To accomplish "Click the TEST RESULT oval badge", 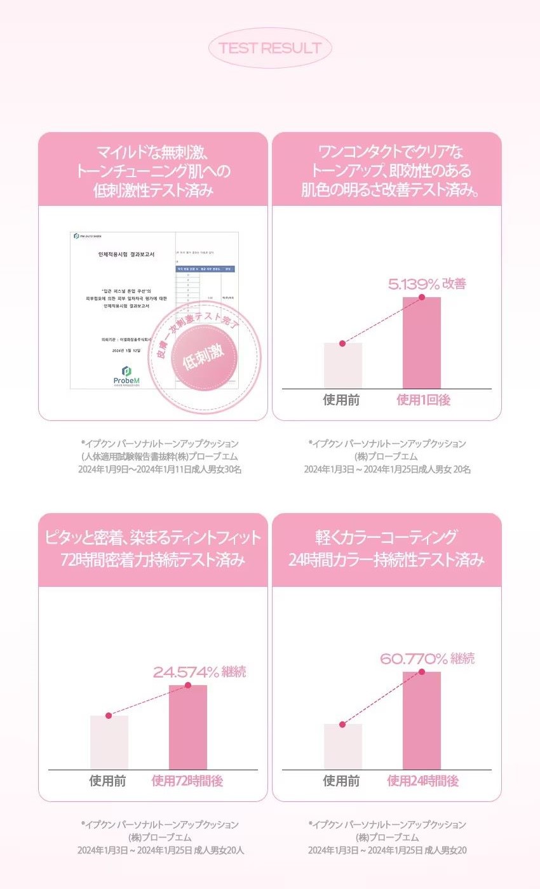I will tap(270, 48).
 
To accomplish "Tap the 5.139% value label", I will tap(413, 284).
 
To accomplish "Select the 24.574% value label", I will tap(186, 672).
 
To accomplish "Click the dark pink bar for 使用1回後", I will tap(422, 343).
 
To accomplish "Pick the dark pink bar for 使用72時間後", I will tap(188, 727).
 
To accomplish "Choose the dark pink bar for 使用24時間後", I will tap(422, 721).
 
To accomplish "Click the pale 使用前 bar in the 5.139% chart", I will tap(343, 366).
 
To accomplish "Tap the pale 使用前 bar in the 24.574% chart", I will tap(109, 742).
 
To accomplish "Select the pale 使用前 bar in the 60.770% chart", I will tap(343, 747).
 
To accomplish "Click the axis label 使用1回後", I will tap(423, 400).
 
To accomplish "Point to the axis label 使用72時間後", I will tap(187, 781).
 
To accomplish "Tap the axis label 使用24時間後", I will tap(422, 781).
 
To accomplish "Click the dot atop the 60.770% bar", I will tap(422, 672).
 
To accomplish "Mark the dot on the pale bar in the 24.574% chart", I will tap(109, 716).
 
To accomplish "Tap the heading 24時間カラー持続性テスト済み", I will tap(386, 560).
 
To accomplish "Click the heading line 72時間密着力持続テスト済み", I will tap(152, 560).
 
